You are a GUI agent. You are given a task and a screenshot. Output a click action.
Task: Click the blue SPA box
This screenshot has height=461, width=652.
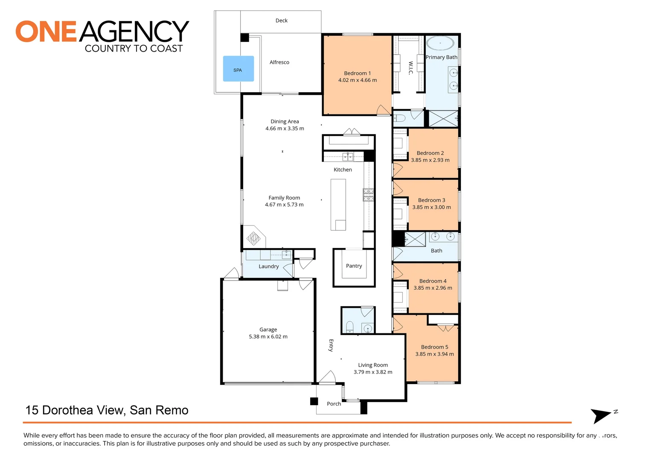238,69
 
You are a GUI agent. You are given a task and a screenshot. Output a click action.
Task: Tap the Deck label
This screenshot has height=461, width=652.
281,20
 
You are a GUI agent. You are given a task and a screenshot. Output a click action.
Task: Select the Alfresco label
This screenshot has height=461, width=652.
279,62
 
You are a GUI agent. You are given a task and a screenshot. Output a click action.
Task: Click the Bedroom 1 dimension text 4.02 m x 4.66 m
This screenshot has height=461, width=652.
357,80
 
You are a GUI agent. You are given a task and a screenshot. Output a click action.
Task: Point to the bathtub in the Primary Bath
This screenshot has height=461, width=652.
440,43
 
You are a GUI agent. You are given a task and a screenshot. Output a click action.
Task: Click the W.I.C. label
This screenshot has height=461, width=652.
410,68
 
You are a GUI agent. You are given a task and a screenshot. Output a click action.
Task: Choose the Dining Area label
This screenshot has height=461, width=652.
285,122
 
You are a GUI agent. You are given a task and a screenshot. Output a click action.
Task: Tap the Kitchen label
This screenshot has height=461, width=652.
343,170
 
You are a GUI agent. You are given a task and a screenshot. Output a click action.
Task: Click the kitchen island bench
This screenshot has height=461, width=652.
338,204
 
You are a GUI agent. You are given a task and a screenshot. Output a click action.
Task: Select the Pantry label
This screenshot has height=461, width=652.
354,266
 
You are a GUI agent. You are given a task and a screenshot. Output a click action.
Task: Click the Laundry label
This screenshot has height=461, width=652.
268,266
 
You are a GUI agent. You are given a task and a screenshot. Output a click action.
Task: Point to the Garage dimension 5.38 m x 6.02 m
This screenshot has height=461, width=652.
268,337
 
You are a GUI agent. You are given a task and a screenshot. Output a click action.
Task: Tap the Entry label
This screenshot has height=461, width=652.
331,345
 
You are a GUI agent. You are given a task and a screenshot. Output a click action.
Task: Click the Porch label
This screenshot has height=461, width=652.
334,404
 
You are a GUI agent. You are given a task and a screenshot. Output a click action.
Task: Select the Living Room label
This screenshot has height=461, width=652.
373,365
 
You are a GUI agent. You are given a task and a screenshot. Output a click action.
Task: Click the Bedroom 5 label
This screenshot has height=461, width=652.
434,347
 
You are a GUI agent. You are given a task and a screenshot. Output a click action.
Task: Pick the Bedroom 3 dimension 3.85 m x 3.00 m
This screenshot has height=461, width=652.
431,207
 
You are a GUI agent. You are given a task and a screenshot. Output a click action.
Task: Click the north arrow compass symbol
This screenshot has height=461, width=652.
602,415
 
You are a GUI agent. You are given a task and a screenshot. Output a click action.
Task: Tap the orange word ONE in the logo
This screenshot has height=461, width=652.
46,32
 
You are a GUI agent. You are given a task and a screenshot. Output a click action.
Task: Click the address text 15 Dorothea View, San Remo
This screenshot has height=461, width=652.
107,410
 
